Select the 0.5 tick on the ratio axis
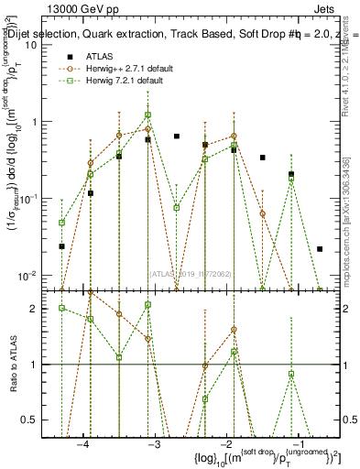30,420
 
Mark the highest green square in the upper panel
147,115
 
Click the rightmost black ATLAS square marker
320,249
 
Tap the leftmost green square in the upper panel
61,223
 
